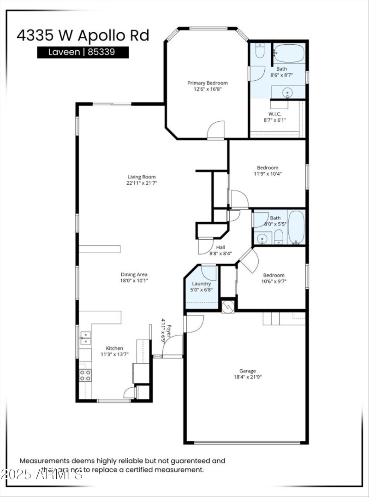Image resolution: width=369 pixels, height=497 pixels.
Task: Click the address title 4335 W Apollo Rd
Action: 83,35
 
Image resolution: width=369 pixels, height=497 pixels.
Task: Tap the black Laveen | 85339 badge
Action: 83,52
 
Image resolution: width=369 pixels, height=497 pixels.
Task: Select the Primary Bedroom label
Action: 207,83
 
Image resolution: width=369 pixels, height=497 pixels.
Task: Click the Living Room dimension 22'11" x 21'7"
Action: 142,183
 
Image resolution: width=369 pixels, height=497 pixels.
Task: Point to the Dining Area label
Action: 134,274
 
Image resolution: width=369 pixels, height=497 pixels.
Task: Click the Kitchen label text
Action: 114,348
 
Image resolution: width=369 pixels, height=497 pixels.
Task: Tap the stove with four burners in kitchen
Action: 85,375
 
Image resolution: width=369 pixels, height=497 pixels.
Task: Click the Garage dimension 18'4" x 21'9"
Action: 247,377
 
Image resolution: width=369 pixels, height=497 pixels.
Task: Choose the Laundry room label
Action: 201,284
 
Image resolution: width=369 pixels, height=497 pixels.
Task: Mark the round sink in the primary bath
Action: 288,93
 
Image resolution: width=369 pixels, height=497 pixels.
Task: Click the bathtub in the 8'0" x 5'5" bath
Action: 296,227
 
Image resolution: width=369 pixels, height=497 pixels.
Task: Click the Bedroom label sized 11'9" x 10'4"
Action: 268,168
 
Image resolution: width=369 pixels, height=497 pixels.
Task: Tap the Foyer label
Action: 169,329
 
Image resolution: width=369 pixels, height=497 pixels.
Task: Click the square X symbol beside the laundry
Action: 228,306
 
